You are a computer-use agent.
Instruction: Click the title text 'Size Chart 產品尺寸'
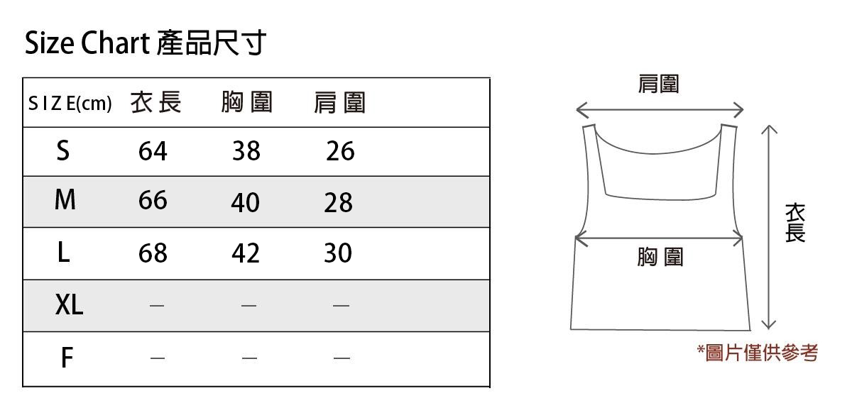(146, 44)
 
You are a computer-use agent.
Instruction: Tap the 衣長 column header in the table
(156, 103)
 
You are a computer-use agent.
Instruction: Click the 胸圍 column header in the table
(246, 103)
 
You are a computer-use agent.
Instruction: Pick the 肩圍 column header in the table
(339, 104)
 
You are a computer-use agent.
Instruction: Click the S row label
(63, 150)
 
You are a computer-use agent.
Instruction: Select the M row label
(65, 201)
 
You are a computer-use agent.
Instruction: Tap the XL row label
(69, 306)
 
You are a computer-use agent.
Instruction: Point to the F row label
(66, 358)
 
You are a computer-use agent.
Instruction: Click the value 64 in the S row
(153, 151)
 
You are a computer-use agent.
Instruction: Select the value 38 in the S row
(246, 151)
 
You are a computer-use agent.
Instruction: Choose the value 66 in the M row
(153, 201)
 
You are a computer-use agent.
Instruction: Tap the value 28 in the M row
(338, 203)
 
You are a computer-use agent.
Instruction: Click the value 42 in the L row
(246, 253)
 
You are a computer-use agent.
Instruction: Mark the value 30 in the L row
(338, 253)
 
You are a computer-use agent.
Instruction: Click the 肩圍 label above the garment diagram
(659, 84)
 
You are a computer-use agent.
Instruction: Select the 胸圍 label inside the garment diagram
(660, 257)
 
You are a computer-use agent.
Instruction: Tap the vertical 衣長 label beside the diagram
(795, 223)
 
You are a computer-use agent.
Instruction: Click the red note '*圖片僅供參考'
(758, 353)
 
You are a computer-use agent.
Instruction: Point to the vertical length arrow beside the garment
(768, 227)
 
